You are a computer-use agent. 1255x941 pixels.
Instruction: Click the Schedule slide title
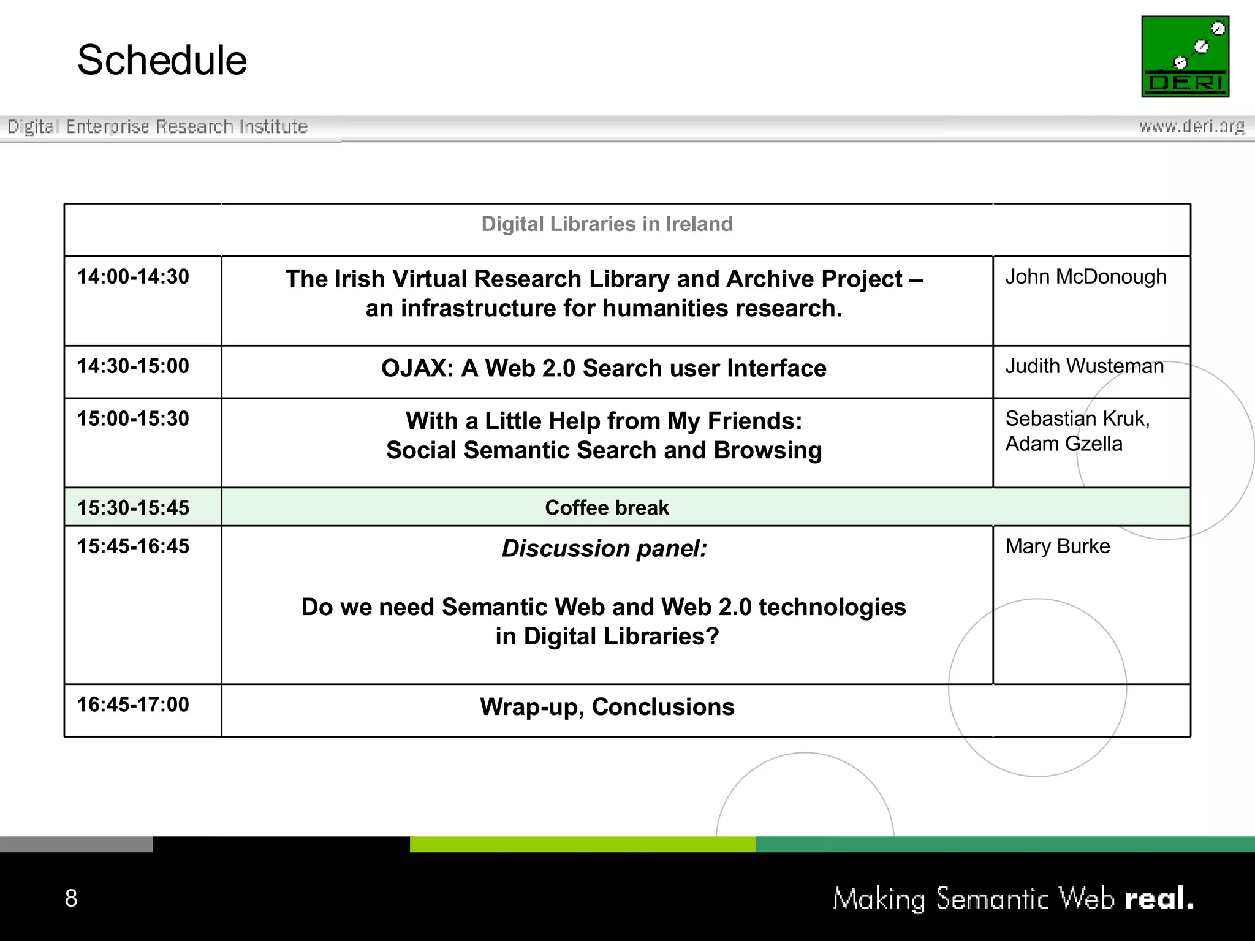click(162, 61)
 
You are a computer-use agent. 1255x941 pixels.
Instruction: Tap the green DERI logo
click(1185, 56)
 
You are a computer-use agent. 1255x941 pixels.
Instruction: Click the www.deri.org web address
click(1191, 126)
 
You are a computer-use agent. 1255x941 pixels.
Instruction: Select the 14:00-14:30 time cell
click(133, 277)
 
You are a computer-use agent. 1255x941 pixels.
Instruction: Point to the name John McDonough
click(1085, 277)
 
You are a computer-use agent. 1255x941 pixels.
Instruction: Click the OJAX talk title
click(604, 368)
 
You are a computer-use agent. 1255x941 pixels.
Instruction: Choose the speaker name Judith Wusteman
click(1084, 366)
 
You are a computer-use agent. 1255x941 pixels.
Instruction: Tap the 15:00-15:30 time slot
click(133, 419)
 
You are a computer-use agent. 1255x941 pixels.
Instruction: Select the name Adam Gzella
click(1064, 444)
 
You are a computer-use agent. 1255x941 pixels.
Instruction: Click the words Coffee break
click(607, 508)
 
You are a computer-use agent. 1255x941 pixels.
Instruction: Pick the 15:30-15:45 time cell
click(133, 508)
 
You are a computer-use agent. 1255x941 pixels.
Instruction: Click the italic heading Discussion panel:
click(604, 548)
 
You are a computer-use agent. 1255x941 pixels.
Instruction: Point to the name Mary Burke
click(1058, 546)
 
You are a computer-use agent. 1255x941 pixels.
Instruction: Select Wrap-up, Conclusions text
click(607, 707)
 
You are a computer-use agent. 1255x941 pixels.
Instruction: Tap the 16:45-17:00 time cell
click(133, 705)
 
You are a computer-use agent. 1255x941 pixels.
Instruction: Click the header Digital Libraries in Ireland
click(607, 224)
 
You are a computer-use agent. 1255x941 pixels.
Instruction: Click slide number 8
click(71, 898)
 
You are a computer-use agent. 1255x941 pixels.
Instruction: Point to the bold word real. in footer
click(1159, 899)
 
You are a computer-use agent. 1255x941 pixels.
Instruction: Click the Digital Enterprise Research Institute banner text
click(157, 127)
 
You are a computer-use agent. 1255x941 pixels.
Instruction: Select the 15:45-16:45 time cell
click(133, 546)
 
